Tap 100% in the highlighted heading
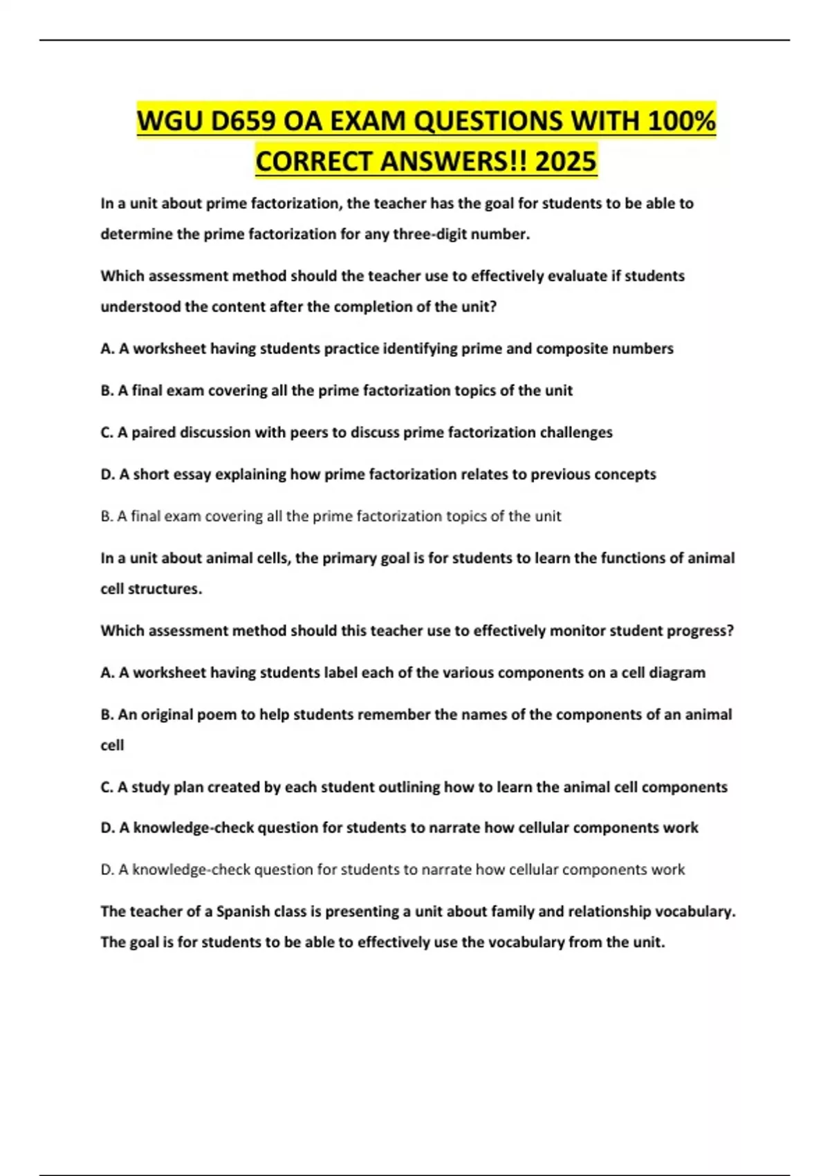(x=681, y=121)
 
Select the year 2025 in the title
(x=565, y=161)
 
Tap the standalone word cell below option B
(x=112, y=746)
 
